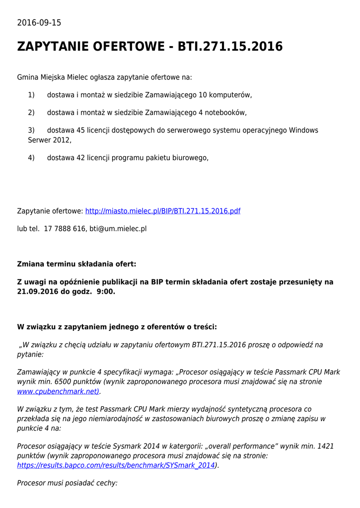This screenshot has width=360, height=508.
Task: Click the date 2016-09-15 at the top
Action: tap(39, 23)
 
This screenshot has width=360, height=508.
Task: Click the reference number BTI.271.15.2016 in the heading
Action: tap(230, 47)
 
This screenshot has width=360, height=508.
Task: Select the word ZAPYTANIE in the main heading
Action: tap(56, 47)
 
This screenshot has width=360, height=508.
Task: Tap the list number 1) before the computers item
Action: tap(31, 95)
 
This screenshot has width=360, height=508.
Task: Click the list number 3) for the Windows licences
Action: tap(31, 130)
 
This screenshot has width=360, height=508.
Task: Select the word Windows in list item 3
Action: tap(303, 130)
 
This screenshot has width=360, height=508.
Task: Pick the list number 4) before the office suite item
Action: tap(31, 158)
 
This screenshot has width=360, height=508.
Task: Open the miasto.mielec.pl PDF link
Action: tap(163, 211)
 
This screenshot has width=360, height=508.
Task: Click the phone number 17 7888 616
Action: tap(65, 229)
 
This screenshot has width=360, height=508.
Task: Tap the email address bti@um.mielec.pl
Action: tap(118, 229)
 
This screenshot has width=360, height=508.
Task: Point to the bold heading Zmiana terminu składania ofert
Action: tap(76, 264)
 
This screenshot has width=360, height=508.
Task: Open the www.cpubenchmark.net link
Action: tap(58, 391)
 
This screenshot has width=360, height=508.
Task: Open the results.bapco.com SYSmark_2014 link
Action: tap(116, 465)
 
